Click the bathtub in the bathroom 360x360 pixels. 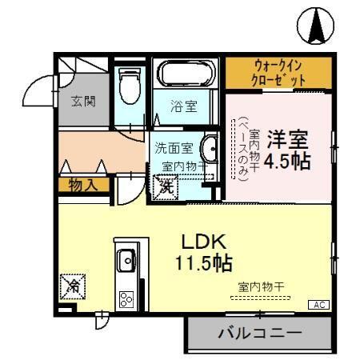[x=186, y=75]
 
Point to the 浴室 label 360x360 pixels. [x=184, y=104]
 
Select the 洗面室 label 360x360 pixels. [x=173, y=148]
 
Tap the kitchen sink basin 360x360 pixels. [x=126, y=261]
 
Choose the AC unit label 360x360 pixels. [x=318, y=305]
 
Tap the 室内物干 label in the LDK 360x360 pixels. [x=256, y=286]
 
